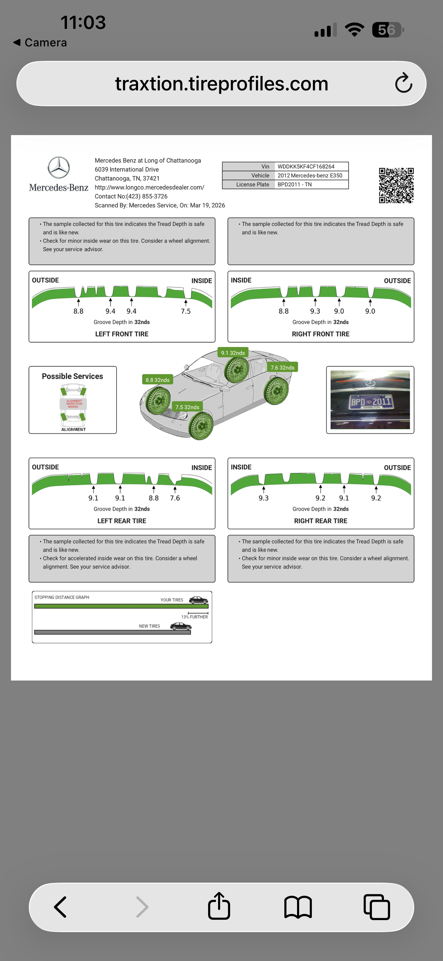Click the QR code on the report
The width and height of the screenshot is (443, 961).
pos(396,185)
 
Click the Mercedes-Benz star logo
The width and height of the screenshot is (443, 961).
pos(58,167)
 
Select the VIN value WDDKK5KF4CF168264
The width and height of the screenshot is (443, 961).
pos(306,166)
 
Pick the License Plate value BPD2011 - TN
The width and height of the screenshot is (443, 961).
pos(294,184)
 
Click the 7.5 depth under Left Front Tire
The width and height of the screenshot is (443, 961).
pos(186,311)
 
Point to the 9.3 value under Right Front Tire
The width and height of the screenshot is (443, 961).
pos(315,311)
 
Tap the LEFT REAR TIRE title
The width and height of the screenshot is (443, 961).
pos(122,521)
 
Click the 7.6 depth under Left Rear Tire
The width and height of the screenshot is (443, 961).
pos(175,498)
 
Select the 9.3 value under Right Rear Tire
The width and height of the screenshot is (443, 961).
pos(264,498)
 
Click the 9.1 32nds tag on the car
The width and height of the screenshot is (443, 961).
pos(233,353)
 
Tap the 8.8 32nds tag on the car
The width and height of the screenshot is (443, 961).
pos(157,380)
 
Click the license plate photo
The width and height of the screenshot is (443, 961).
pos(370,399)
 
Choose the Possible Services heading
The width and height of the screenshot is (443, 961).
pos(72,376)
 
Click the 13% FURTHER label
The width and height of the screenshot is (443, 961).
pos(195,617)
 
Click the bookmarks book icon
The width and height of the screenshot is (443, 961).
pos(298,907)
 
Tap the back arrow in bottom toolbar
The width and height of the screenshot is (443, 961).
pos(60,907)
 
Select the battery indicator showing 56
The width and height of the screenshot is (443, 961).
pos(387,30)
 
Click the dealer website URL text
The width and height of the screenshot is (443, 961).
pos(149,187)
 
